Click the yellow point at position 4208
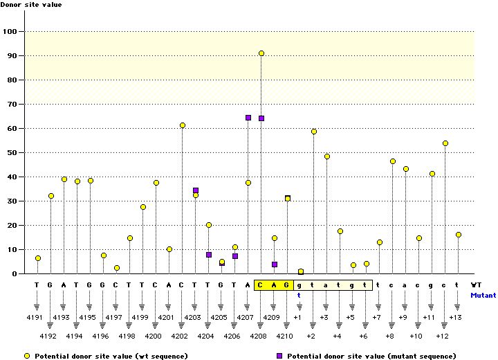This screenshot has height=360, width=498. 261,53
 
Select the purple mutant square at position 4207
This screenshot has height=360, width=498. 248,118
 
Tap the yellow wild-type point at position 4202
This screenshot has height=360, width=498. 183,125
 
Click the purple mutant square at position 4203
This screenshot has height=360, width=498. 196,190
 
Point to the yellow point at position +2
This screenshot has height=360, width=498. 314,132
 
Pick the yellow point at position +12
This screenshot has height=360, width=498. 445,143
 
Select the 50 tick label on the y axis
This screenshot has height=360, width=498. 12,152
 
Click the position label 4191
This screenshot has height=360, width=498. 37,317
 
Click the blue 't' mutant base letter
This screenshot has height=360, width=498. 300,294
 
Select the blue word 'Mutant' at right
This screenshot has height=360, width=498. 483,295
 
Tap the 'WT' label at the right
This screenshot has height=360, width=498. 476,285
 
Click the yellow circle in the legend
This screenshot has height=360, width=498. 27,355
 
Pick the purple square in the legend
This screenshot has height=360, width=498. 279,355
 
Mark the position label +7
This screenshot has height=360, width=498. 378,317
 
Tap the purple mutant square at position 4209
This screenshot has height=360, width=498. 275,264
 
